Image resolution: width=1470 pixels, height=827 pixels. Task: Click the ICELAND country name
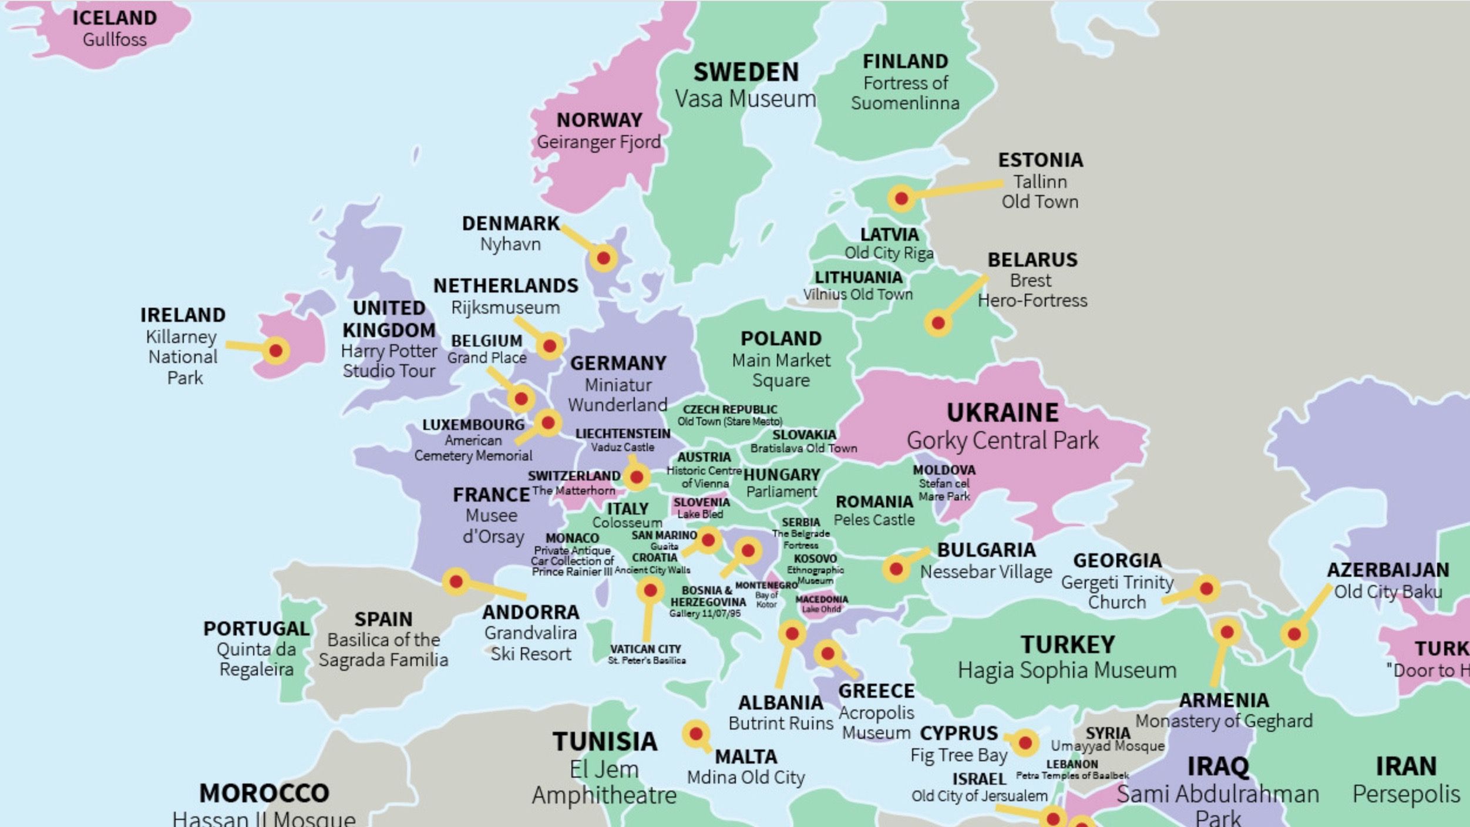pos(115,18)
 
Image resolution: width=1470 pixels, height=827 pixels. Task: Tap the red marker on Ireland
pos(275,351)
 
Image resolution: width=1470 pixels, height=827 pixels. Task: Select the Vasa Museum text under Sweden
pos(745,99)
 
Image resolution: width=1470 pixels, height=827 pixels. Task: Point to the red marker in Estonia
pos(901,199)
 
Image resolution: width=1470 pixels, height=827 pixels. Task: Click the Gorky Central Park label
pos(1002,441)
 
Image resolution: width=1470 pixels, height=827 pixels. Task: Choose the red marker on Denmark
pos(603,258)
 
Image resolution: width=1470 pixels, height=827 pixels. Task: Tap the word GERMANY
pos(618,364)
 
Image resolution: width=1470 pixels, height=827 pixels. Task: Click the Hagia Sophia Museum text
pos(1067,670)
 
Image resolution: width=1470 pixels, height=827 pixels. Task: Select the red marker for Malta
pos(696,734)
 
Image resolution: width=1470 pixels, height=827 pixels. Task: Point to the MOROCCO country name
pos(264,794)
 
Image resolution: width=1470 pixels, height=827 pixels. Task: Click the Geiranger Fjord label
pos(598,142)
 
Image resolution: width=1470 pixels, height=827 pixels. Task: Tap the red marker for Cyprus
pos(1025,743)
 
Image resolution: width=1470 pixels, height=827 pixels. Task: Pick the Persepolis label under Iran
pos(1406,794)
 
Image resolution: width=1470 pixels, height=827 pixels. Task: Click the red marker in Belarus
pos(938,323)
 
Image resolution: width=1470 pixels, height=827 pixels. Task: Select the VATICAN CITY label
pos(645,649)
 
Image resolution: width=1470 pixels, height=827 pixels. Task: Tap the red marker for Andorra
pos(456,582)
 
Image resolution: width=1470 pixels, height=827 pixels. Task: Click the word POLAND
pos(781,339)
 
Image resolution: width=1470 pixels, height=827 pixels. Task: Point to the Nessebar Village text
pos(985,571)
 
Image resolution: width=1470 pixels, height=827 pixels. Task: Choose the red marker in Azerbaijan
pos(1294,634)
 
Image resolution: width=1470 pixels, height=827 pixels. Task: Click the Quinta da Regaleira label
pos(256,660)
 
